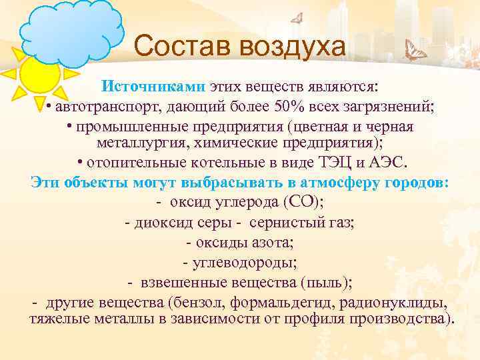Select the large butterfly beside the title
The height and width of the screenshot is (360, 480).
point(417,51)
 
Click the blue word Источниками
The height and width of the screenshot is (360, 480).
point(154,87)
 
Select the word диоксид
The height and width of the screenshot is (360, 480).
point(165,223)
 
